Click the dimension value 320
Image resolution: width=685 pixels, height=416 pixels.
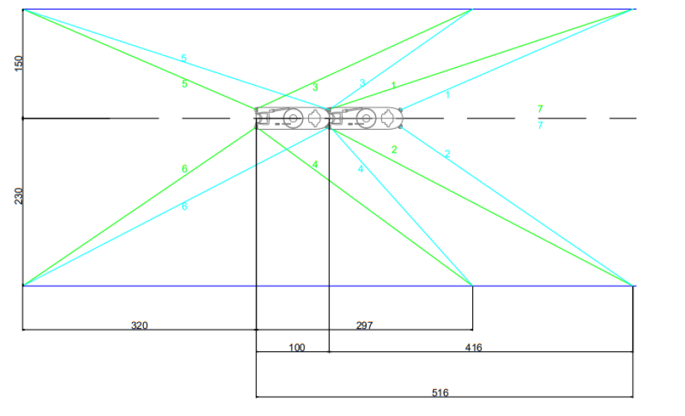[140, 325]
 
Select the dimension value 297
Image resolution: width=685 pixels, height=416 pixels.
[364, 325]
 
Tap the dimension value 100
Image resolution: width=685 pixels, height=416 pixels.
[297, 347]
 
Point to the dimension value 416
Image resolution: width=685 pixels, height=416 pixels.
[474, 347]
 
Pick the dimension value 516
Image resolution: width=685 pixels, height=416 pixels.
[440, 393]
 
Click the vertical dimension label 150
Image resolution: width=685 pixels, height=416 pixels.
[19, 63]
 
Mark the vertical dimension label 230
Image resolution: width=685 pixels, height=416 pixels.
[19, 196]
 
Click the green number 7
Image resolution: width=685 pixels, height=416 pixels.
[540, 109]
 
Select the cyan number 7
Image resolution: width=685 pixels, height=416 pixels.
[540, 125]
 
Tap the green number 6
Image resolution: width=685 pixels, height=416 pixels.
[184, 168]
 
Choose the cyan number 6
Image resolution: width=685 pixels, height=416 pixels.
[184, 206]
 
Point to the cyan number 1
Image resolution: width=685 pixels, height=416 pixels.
[448, 94]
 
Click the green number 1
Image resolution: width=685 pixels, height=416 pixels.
[393, 86]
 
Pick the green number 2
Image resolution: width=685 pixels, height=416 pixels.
[394, 150]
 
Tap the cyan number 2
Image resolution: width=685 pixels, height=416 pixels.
[448, 154]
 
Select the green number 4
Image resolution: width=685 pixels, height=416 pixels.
[315, 165]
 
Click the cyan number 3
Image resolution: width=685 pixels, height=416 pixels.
[362, 83]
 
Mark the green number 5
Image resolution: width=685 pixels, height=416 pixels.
[185, 83]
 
